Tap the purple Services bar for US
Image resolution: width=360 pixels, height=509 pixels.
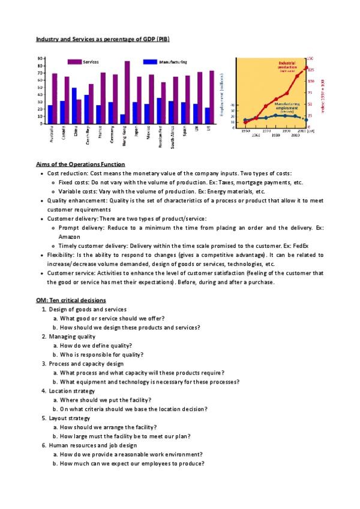click(212, 97)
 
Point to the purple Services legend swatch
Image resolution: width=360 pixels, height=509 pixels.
click(74, 62)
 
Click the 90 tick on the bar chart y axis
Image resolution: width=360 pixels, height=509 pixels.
click(40, 58)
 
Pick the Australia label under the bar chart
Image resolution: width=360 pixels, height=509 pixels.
click(51, 134)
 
